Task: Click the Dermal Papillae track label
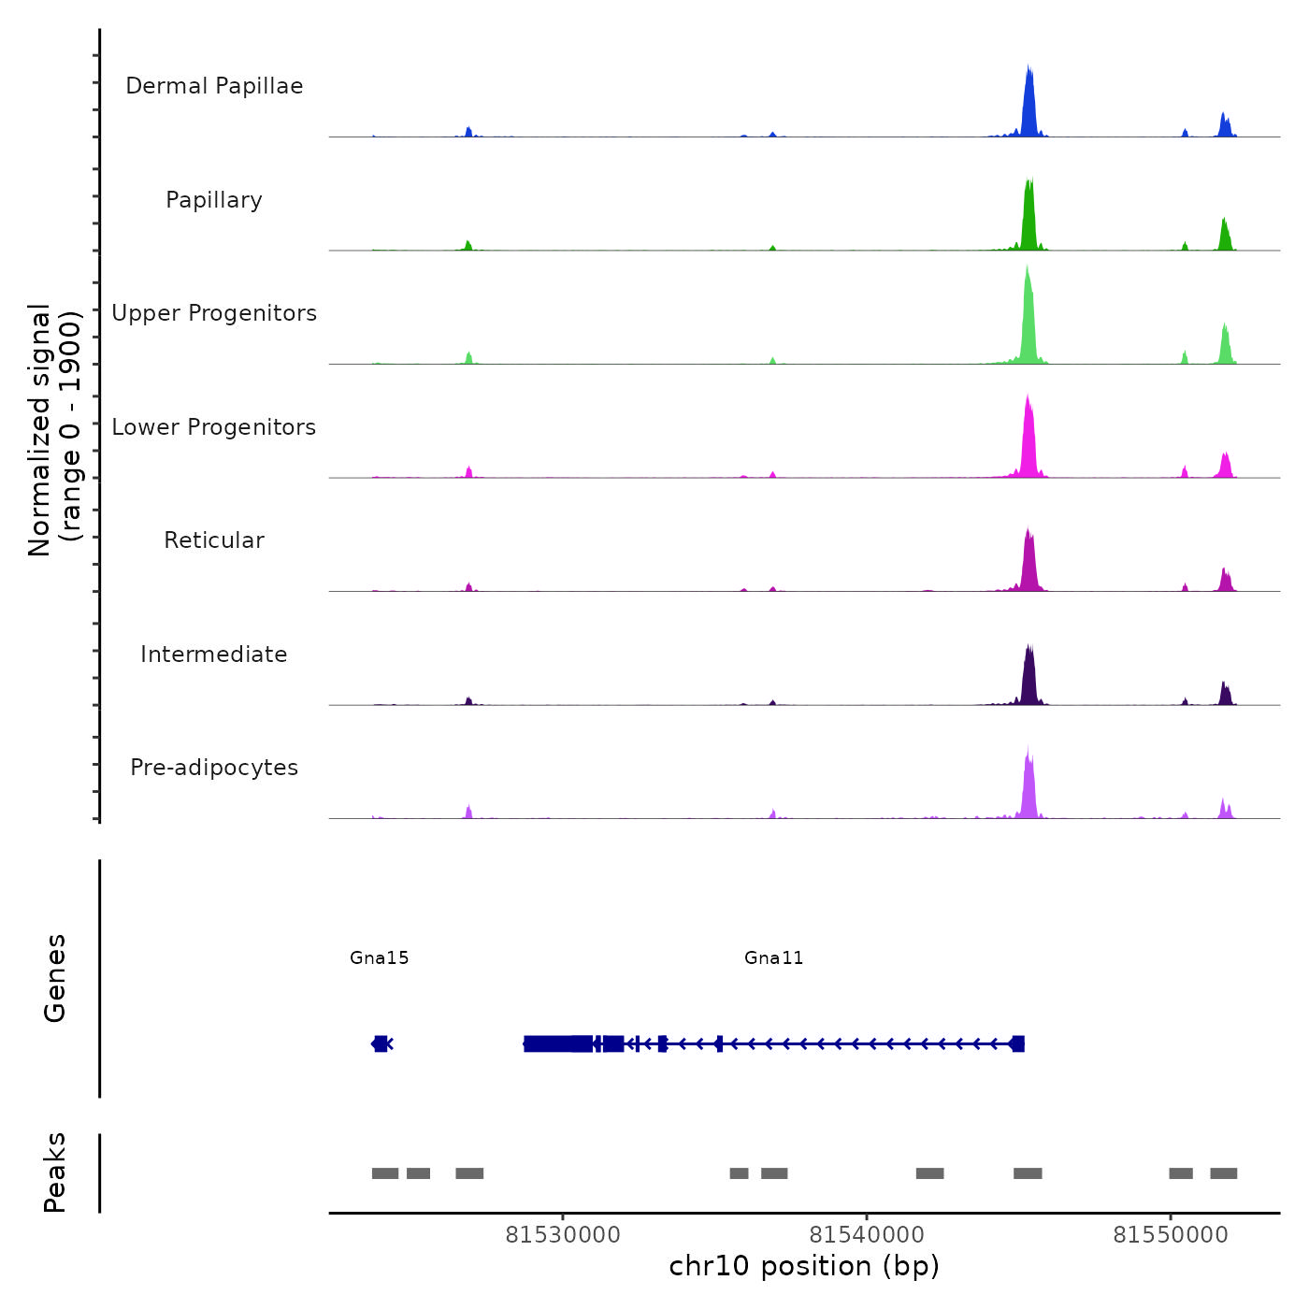point(214,86)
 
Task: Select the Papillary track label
point(214,200)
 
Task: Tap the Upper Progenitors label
point(214,313)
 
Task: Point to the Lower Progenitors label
point(214,427)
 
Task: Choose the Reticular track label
point(214,540)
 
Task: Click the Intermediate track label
point(214,654)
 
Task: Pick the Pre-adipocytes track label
point(214,768)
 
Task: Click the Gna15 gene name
point(380,957)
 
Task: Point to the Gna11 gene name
point(773,957)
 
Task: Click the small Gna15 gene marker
point(381,1043)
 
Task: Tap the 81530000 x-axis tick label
point(563,1234)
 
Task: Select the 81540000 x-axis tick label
point(867,1234)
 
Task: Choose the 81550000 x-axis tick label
point(1170,1234)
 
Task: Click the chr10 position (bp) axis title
point(804,1266)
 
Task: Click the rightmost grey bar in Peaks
point(1223,1173)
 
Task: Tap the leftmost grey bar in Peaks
point(385,1173)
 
